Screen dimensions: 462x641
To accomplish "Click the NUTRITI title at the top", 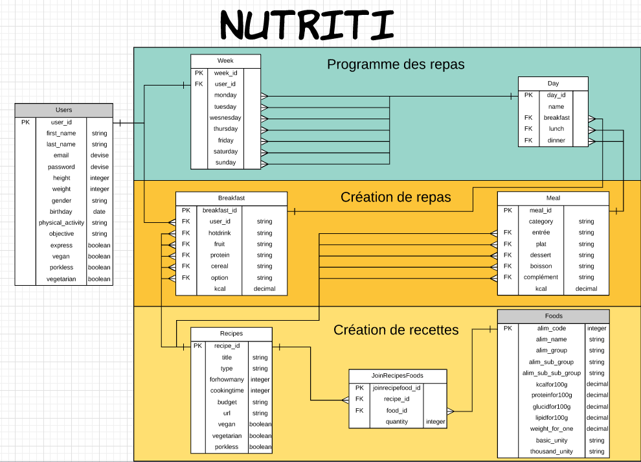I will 307,26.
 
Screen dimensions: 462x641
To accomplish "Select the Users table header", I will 63,110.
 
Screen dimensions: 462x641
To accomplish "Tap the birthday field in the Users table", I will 61,212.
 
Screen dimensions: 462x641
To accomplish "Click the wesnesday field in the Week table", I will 225,118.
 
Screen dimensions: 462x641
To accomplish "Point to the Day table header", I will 553,84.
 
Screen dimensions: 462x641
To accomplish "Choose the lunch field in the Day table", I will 556,129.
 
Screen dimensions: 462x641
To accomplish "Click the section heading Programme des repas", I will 396,65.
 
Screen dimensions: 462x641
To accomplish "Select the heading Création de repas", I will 396,197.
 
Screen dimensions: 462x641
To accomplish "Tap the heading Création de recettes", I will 396,330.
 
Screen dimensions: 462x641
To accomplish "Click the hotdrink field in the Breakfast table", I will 219,233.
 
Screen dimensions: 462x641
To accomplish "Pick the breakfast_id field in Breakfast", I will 219,211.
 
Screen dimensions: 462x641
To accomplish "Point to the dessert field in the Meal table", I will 541,255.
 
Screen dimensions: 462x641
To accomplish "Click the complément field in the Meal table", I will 541,277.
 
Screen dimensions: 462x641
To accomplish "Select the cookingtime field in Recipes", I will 227,391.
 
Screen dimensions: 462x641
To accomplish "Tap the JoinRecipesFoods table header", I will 398,376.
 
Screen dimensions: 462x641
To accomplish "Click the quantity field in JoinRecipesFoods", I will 396,422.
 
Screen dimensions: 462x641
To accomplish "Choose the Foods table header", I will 554,316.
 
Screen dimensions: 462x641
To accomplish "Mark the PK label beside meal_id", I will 508,211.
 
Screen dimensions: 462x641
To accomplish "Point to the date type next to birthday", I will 99,212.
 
